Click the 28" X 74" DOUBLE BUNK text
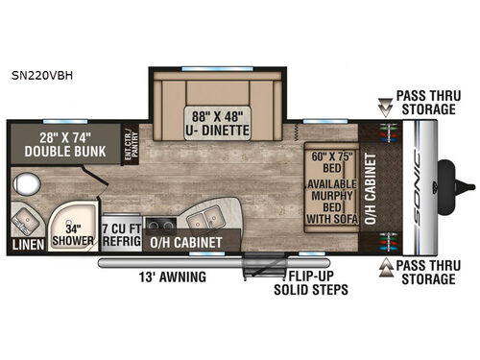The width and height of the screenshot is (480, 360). click(63, 144)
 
